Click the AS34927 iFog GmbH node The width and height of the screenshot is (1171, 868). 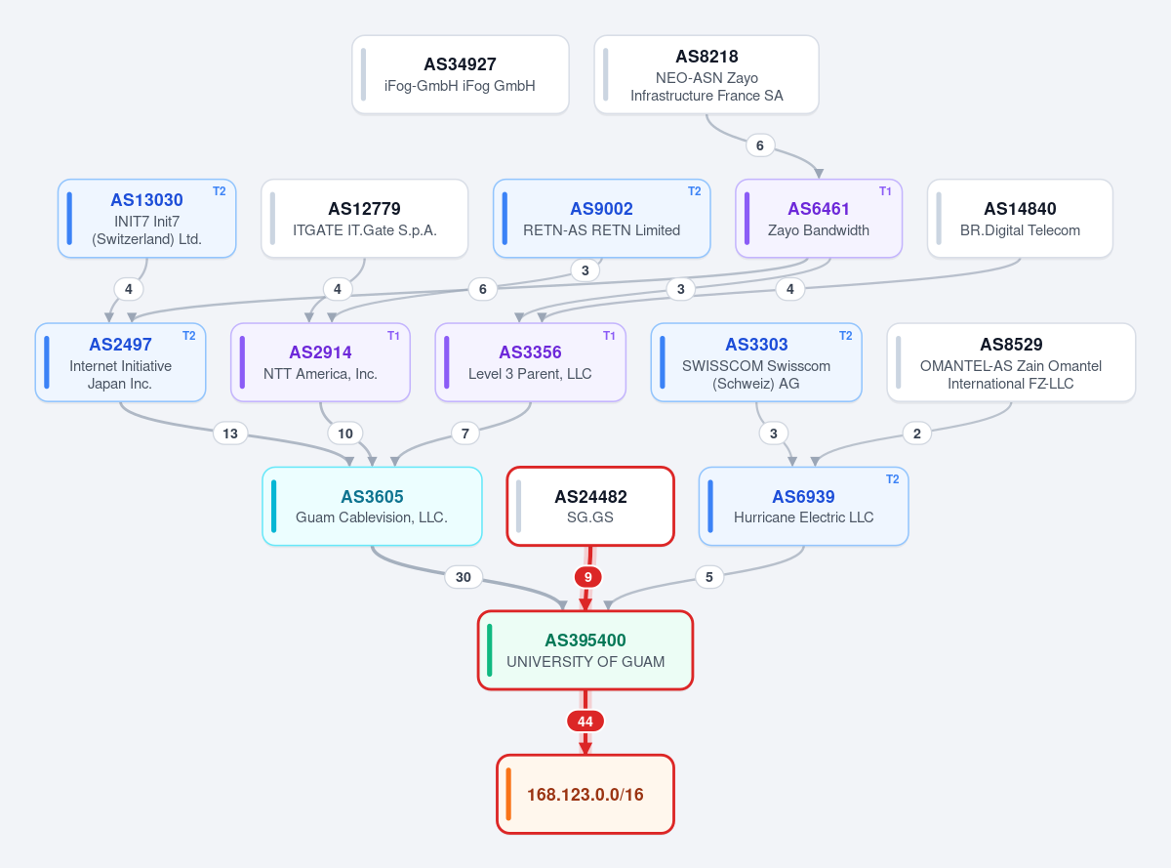[x=461, y=74]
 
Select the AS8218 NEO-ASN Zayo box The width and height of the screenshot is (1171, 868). [x=707, y=74]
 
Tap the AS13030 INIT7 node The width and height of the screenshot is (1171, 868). [x=146, y=218]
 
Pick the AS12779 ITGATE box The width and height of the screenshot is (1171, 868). [x=364, y=218]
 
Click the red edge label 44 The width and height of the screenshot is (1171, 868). [x=585, y=722]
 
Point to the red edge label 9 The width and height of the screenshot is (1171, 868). [x=587, y=577]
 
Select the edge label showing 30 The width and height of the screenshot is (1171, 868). [x=463, y=577]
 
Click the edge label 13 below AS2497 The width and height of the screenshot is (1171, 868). [x=230, y=434]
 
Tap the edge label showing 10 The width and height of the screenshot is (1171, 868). [x=344, y=434]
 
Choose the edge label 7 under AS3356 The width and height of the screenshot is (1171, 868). [x=465, y=434]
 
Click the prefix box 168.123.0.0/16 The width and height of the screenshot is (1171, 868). [x=585, y=794]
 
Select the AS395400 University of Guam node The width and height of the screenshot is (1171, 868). [x=585, y=650]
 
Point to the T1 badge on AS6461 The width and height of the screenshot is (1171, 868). [x=885, y=191]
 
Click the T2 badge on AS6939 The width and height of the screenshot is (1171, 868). [x=892, y=479]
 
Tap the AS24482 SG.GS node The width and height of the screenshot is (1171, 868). [x=590, y=506]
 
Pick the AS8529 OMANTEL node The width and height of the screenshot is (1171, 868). [x=1011, y=362]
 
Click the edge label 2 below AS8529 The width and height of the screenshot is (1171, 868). [x=917, y=434]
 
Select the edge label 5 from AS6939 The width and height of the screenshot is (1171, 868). [x=709, y=577]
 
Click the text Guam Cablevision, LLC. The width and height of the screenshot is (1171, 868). [x=372, y=517]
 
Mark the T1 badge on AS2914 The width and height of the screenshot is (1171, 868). [x=393, y=336]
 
